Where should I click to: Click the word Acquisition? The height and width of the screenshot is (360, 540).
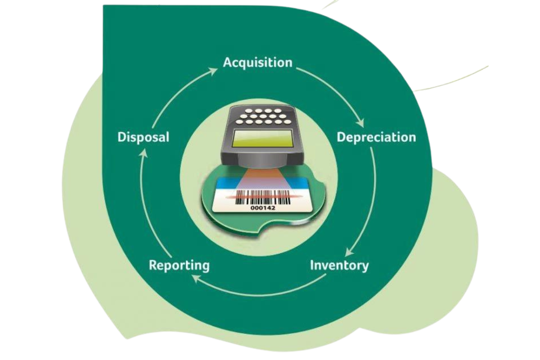[x=257, y=62]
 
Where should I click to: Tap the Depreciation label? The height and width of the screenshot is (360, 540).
[x=376, y=137]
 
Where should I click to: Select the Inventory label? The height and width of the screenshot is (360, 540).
[x=339, y=265]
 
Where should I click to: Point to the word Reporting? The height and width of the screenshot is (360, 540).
[x=179, y=265]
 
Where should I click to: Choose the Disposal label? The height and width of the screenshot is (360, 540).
[x=143, y=137]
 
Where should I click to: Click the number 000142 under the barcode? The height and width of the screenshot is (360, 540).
[x=262, y=208]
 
